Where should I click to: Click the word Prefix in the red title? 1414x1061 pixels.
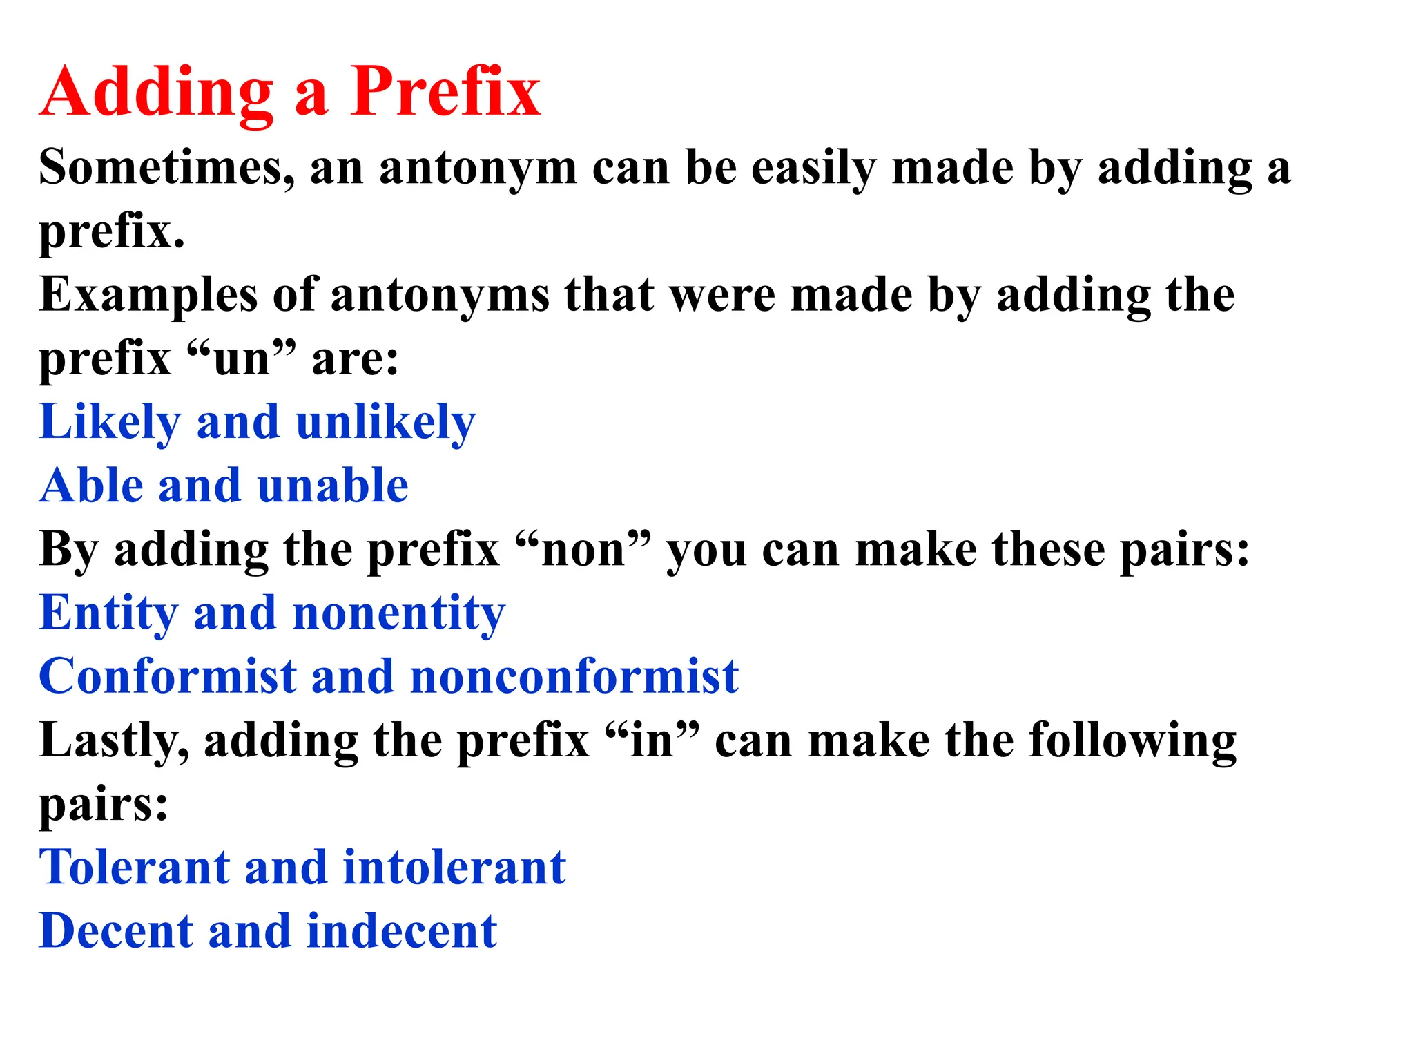click(445, 92)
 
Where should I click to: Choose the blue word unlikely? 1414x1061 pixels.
click(385, 422)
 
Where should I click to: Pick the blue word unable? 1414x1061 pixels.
click(333, 485)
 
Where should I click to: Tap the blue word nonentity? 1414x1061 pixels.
click(399, 613)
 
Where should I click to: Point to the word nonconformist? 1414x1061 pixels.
click(574, 676)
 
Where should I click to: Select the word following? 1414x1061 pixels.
click(1132, 741)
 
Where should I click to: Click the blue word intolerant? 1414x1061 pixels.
click(454, 868)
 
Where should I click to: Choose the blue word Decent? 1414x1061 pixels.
click(116, 931)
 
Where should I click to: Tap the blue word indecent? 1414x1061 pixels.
click(401, 931)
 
